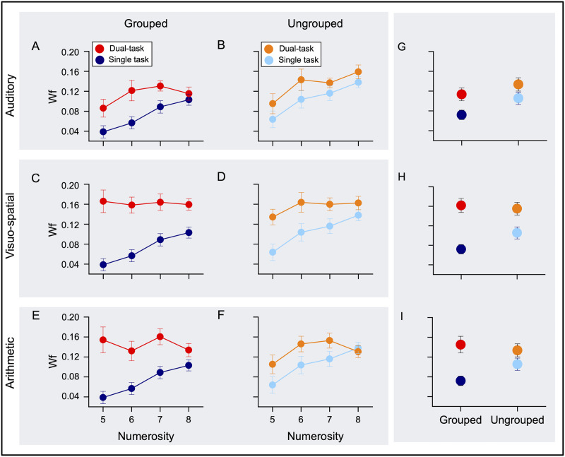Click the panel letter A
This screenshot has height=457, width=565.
(35, 47)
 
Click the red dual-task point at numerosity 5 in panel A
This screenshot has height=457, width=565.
(103, 108)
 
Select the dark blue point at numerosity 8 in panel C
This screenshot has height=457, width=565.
(188, 232)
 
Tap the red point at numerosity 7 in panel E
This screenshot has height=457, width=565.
(160, 336)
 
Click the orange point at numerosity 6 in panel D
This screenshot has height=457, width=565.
(302, 203)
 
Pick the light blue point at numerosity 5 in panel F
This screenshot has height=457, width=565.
(273, 385)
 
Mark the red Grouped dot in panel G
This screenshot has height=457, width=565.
(461, 95)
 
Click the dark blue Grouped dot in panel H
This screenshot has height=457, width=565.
(461, 249)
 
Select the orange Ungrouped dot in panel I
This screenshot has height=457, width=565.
(518, 350)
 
